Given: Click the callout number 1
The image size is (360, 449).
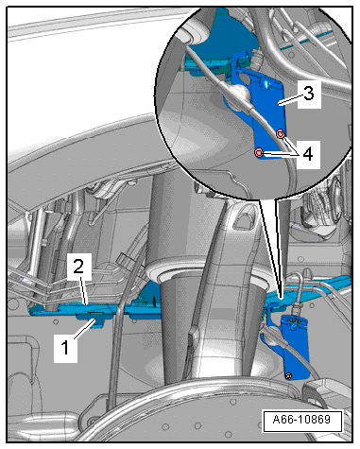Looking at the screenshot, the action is [x=65, y=348].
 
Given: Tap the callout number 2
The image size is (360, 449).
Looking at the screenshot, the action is [x=78, y=267].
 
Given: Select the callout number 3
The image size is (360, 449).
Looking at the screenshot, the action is [x=308, y=94].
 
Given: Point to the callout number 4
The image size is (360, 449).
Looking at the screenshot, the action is [x=308, y=154].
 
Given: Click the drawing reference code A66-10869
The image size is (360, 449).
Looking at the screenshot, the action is [x=302, y=420].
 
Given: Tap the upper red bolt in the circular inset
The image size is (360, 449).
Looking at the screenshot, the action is [x=281, y=134].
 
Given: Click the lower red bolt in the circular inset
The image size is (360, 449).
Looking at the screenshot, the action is [x=259, y=153].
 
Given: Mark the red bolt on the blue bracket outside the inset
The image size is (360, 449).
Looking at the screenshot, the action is [x=288, y=375].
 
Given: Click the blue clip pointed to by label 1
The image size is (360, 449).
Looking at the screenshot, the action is [x=92, y=319].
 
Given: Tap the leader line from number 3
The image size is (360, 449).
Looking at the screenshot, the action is [x=290, y=98].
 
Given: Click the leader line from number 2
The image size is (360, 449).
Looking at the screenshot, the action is [x=83, y=290].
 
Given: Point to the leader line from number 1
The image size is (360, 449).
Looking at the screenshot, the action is [x=84, y=329].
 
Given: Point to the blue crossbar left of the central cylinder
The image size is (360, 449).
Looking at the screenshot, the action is [x=94, y=308].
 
